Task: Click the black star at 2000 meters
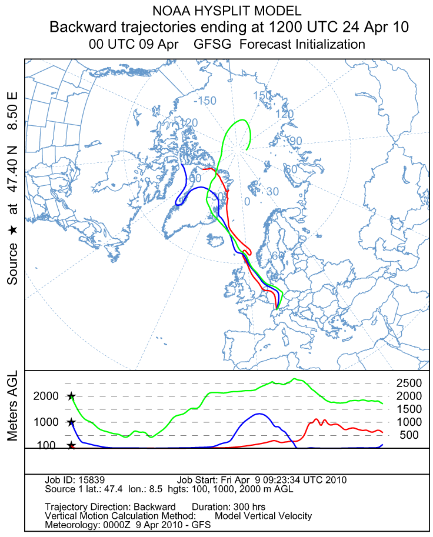click(x=71, y=396)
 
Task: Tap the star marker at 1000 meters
click(x=71, y=422)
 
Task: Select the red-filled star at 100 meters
click(x=71, y=446)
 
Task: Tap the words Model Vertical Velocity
click(x=264, y=516)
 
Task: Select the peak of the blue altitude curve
click(x=258, y=414)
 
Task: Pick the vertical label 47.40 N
click(x=12, y=168)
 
